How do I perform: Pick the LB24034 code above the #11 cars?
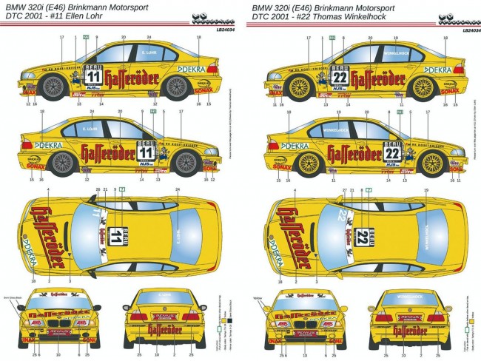coord(222,31)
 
